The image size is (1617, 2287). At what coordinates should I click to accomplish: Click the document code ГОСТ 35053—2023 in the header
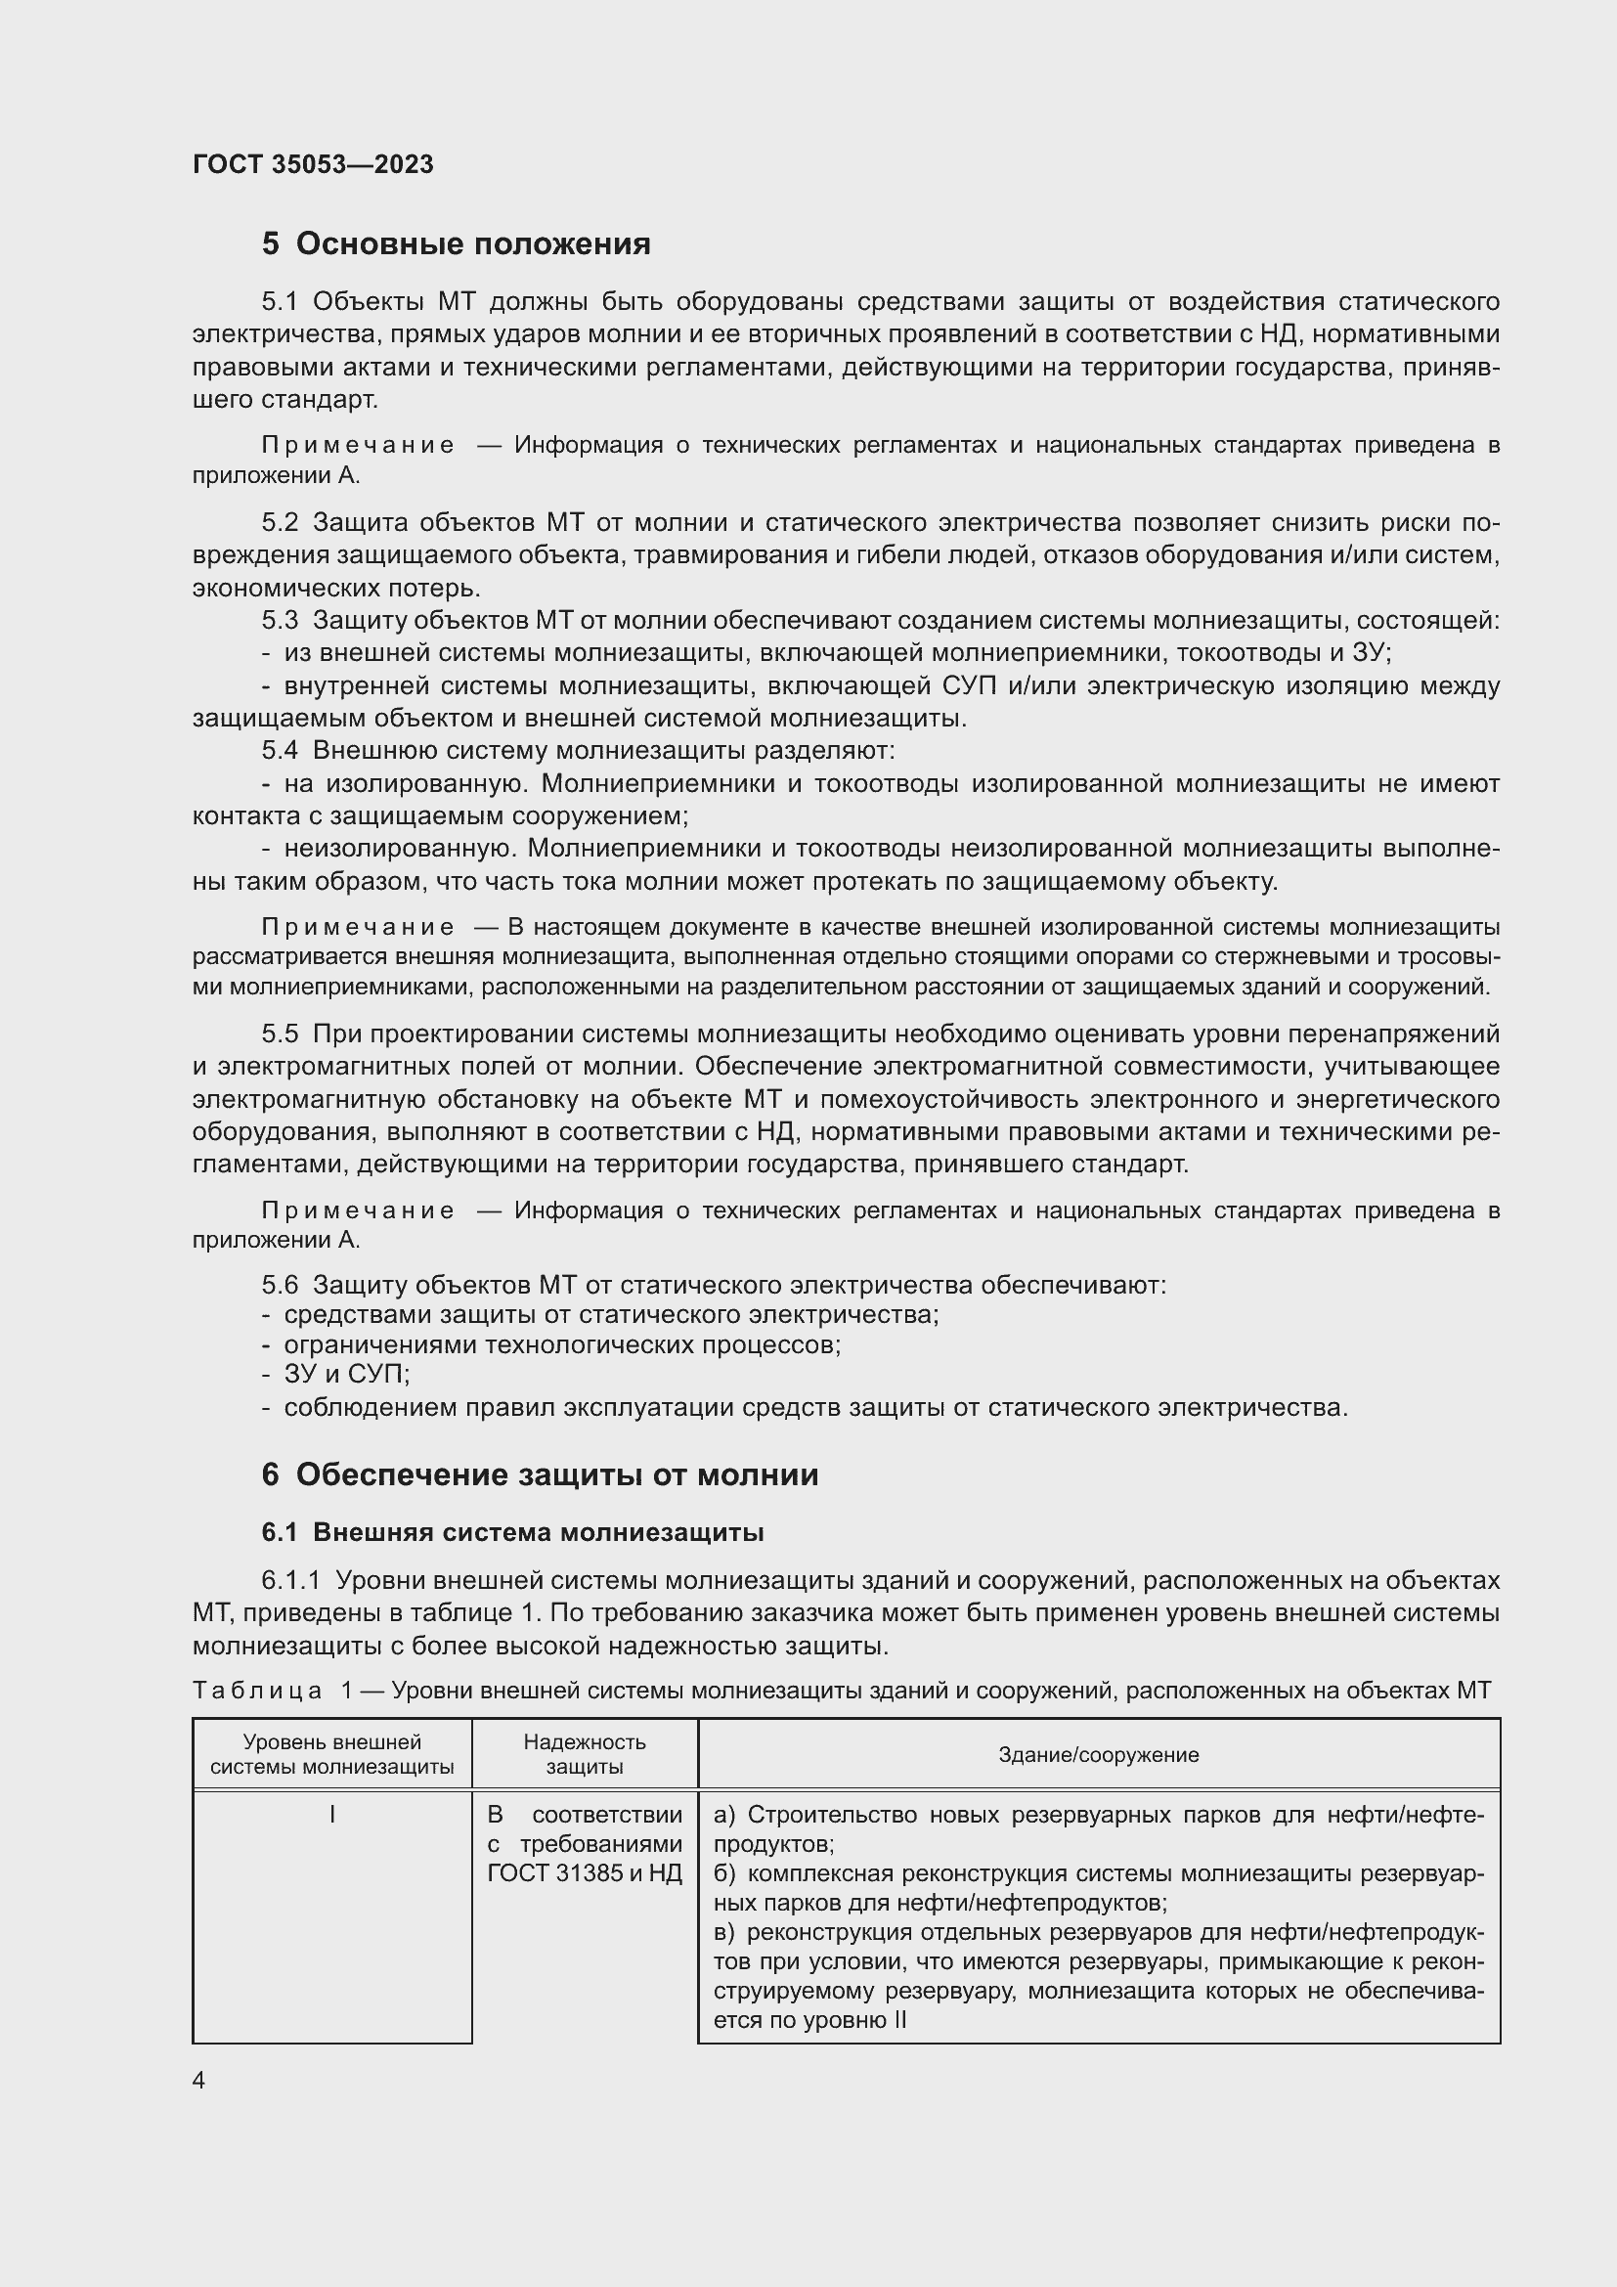(x=313, y=164)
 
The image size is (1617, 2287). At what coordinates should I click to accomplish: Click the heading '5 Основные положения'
(x=456, y=244)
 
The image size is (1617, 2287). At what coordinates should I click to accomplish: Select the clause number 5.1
(x=280, y=302)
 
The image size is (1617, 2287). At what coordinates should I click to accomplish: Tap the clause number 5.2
(x=280, y=523)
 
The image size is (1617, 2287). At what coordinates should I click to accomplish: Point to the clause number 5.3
(x=280, y=621)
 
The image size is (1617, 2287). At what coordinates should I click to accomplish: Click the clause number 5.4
(x=280, y=750)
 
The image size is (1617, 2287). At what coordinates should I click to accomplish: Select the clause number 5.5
(x=280, y=1034)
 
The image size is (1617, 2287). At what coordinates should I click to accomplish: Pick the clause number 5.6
(x=280, y=1285)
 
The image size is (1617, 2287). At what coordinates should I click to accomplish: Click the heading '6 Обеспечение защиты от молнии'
(x=540, y=1474)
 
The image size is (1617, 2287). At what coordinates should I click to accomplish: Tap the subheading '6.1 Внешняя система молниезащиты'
(x=513, y=1532)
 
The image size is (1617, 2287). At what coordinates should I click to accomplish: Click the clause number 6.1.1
(x=290, y=1581)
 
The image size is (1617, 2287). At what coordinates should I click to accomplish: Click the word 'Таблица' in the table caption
(x=257, y=1691)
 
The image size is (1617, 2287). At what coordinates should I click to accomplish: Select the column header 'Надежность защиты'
(x=585, y=1754)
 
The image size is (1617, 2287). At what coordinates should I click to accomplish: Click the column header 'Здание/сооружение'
(x=1098, y=1755)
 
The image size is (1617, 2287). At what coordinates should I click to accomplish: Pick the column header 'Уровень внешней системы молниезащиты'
(x=331, y=1754)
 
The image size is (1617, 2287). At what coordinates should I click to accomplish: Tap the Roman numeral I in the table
(x=331, y=1816)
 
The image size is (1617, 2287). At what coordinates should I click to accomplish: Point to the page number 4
(x=199, y=2081)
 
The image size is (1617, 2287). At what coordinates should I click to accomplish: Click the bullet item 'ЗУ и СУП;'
(x=346, y=1375)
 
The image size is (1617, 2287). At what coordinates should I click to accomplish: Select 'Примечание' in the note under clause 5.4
(x=359, y=927)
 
